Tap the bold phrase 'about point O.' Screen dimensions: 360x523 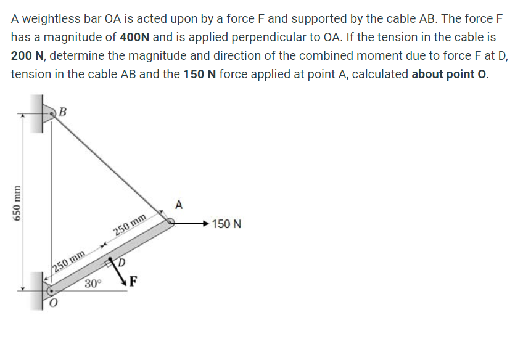tap(450, 73)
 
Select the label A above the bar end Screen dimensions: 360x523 tap(179, 204)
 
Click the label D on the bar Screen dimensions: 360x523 tap(122, 263)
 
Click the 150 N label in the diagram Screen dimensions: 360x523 tap(226, 224)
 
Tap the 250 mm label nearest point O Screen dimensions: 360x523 tap(68, 261)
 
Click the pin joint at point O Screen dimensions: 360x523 tap(51, 288)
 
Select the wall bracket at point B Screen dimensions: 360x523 tap(47, 113)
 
